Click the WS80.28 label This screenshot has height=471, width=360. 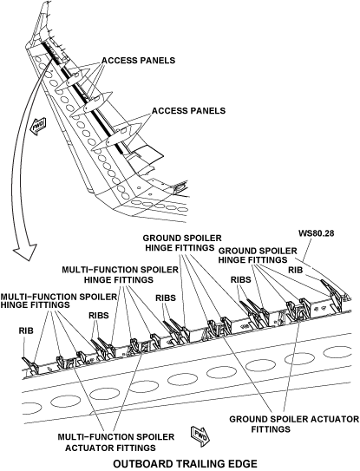tap(316, 233)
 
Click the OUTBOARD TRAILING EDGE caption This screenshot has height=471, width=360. tap(185, 463)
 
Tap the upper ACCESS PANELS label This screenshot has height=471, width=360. tap(138, 60)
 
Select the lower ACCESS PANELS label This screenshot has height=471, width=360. tap(188, 110)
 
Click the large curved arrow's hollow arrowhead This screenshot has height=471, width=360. tap(24, 252)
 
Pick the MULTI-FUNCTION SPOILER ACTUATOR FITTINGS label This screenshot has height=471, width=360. tap(115, 442)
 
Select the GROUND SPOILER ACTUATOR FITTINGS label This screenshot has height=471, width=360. tap(294, 424)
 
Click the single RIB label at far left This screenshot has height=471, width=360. tap(26, 330)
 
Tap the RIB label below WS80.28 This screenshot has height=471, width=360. tap(296, 270)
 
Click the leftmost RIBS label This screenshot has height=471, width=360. tap(99, 316)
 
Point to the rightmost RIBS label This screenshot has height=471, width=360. tap(240, 279)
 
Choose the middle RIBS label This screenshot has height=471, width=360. tap(166, 298)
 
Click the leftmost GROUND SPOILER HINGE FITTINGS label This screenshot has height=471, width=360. tap(182, 243)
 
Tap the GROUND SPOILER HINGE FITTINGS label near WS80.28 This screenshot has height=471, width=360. tap(258, 255)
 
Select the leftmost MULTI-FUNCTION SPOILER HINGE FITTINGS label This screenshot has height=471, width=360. tap(58, 300)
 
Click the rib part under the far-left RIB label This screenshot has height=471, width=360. tap(30, 365)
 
